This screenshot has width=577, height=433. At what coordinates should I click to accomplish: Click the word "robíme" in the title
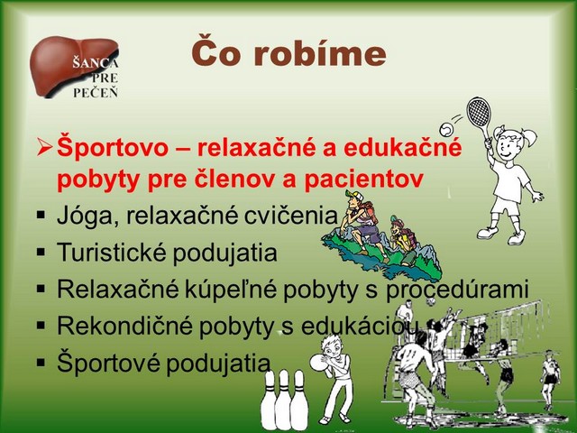pyautogui.click(x=319, y=54)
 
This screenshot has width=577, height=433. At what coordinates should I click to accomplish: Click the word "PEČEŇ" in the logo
pyautogui.click(x=96, y=92)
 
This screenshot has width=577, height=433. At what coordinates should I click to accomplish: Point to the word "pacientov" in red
pyautogui.click(x=362, y=180)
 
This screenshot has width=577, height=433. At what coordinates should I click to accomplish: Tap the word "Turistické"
pyautogui.click(x=112, y=253)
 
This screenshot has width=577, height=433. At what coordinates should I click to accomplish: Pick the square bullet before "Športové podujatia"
pyautogui.click(x=41, y=363)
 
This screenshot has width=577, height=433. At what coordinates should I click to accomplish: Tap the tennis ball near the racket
pyautogui.click(x=447, y=129)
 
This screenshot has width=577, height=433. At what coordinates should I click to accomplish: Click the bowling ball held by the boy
pyautogui.click(x=318, y=363)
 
